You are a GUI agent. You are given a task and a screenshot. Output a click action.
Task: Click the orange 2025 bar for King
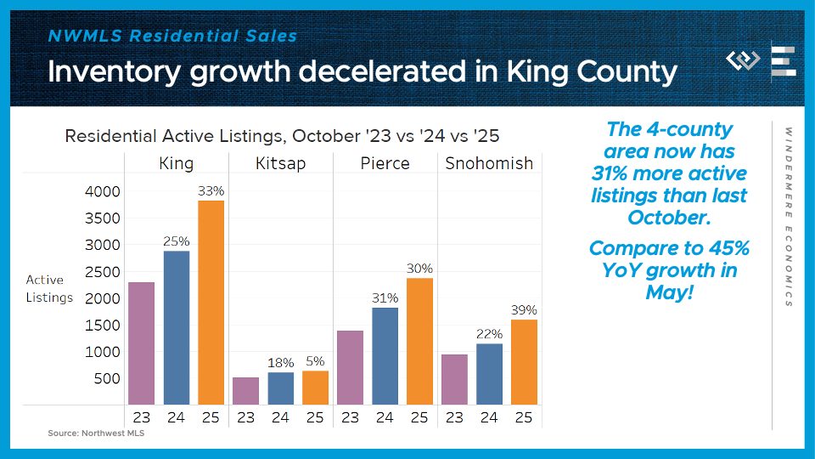211,302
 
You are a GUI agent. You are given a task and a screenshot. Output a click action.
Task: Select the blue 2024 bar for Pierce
385,355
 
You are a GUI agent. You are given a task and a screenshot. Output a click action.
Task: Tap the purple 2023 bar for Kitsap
245,391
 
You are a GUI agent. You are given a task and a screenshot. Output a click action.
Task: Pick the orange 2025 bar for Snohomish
524,361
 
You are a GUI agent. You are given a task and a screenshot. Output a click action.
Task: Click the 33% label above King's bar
211,191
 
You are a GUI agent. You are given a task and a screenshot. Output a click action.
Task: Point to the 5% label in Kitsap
315,361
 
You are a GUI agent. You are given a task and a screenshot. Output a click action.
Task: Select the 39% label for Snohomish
524,310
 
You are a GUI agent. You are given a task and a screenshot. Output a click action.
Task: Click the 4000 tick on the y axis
102,192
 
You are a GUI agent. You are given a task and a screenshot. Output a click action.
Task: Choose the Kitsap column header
279,163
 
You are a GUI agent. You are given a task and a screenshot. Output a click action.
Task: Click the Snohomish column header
489,163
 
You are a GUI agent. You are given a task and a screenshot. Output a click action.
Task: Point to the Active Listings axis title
49,288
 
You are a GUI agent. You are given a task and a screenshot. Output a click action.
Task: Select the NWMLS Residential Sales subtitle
172,37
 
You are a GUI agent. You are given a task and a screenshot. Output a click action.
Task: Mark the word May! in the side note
666,293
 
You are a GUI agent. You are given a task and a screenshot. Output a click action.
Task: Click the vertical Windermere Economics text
788,217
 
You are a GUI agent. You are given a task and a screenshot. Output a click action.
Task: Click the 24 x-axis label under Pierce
385,417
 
